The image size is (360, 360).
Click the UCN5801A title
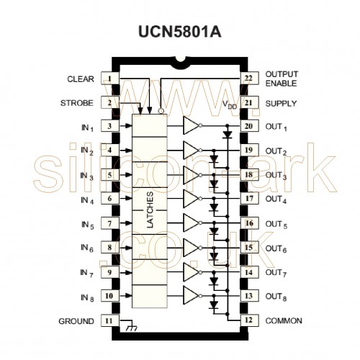[x=179, y=32]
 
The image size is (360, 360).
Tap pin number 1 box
[x=109, y=78]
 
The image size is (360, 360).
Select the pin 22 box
[x=249, y=78]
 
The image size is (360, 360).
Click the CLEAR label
[x=81, y=79]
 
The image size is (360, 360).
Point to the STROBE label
[x=77, y=103]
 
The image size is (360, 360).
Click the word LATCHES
[x=150, y=210]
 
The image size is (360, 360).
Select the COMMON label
[x=284, y=320]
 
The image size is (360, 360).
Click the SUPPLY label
[x=281, y=104]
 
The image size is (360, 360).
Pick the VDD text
[x=230, y=105]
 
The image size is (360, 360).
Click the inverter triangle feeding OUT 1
[x=191, y=125]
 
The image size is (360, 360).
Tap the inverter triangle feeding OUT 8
[x=191, y=295]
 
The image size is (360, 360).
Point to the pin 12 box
[x=249, y=320]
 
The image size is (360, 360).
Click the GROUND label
[x=76, y=321]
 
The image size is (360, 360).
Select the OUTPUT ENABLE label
[x=282, y=78]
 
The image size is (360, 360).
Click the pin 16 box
[x=249, y=223]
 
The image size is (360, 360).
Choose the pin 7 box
[x=109, y=223]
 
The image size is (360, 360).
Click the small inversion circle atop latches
[x=161, y=111]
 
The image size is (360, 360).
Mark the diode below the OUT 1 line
[x=227, y=134]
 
